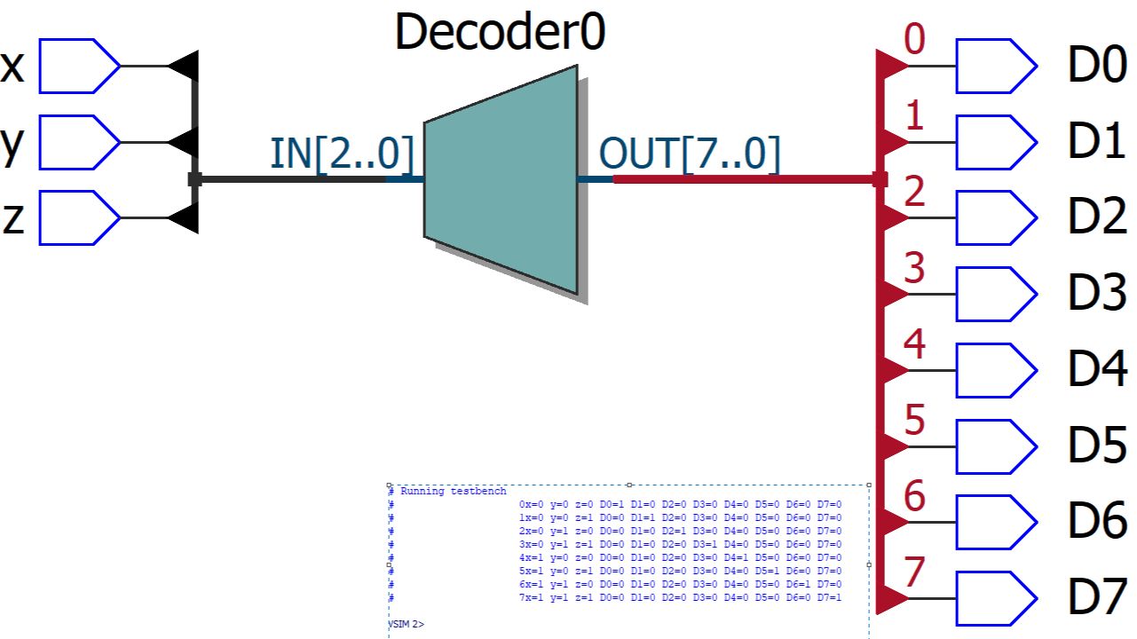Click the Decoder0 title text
click(x=500, y=32)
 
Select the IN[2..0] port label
click(x=342, y=154)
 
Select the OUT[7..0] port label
click(x=690, y=154)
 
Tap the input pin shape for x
click(x=78, y=66)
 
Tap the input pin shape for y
click(x=78, y=142)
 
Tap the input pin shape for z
click(x=78, y=217)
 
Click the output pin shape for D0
click(x=995, y=66)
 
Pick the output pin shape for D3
click(x=995, y=294)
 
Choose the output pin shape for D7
click(x=995, y=598)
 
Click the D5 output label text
click(x=1097, y=446)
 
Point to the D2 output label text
click(x=1097, y=217)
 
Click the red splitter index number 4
click(x=914, y=344)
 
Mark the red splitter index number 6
click(x=914, y=497)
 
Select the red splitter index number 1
click(x=914, y=115)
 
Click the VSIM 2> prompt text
click(x=407, y=625)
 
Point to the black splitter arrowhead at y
click(x=185, y=142)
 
